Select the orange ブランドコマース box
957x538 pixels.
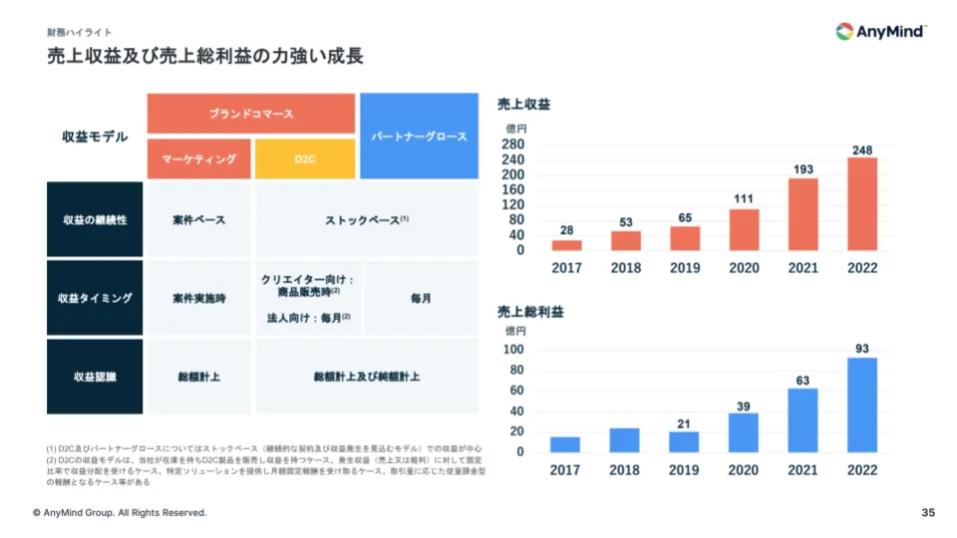pos(251,114)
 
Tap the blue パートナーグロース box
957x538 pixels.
pos(419,136)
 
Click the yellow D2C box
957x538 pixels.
pos(305,159)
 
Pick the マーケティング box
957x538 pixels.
pos(198,159)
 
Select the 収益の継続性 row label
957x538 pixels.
pos(95,219)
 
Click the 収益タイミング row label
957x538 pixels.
pos(95,298)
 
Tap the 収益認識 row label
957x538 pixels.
pos(95,377)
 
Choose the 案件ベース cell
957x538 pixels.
pos(198,219)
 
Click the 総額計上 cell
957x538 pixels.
pos(198,377)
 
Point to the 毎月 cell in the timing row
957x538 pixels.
pos(421,298)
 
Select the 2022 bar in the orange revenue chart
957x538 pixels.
pos(862,204)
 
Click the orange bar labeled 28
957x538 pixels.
pos(566,245)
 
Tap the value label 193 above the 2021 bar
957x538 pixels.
pos(803,169)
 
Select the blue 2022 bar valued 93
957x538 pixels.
pos(862,404)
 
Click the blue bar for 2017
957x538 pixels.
pos(565,444)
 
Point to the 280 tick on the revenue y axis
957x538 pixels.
pos(514,144)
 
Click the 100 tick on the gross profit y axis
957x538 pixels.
pos(514,350)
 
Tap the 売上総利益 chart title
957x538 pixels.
pos(530,312)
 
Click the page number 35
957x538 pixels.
pos(928,513)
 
